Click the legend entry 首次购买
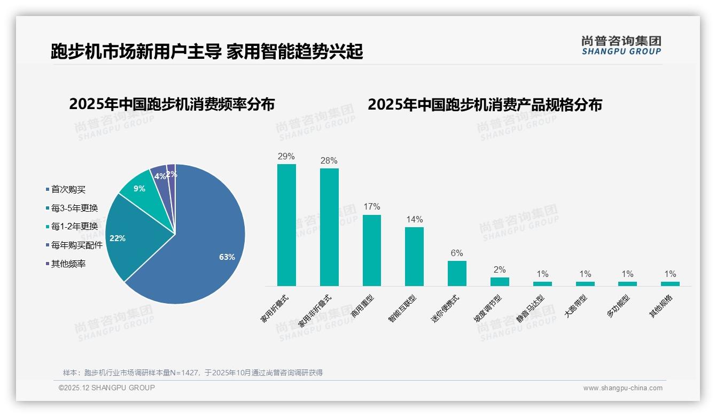point(68,189)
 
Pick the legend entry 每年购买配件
point(76,245)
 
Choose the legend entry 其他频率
point(68,264)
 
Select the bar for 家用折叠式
point(286,225)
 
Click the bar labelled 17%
point(372,250)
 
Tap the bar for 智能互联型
point(414,257)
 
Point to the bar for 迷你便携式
point(457,273)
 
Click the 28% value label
point(329,160)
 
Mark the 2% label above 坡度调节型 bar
point(500,270)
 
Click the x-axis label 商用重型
point(363,307)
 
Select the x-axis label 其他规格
point(661,307)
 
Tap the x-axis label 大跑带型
point(575,307)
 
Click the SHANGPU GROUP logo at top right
point(621,45)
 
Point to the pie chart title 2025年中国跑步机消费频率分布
point(172,104)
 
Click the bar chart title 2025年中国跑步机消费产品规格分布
point(485,104)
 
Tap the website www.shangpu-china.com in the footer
point(622,388)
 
